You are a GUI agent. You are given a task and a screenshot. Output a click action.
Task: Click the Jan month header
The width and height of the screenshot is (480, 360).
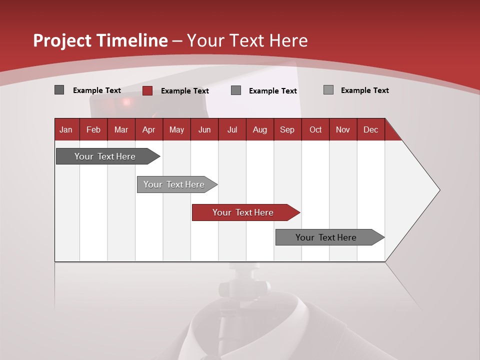tap(66, 130)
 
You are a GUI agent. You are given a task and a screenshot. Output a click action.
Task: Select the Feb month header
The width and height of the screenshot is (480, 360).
tap(93, 130)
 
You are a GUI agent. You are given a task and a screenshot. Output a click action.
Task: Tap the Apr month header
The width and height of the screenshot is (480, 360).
tap(148, 130)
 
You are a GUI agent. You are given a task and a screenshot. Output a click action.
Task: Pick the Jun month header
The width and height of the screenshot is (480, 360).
tap(204, 130)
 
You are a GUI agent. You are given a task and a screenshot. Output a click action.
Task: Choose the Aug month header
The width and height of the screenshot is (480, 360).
tap(259, 130)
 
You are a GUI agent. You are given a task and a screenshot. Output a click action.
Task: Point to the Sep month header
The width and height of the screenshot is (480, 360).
tap(287, 130)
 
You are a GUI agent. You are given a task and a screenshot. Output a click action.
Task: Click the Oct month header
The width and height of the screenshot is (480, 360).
tap(315, 130)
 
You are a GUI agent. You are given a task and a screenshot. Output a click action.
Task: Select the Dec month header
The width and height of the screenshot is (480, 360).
tap(370, 130)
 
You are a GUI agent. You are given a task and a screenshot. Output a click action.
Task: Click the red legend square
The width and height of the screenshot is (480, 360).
tap(147, 90)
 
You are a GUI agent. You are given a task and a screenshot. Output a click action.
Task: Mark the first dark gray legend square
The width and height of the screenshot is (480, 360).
tap(59, 90)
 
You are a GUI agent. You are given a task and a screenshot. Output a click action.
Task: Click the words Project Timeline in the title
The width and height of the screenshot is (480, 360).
tap(100, 40)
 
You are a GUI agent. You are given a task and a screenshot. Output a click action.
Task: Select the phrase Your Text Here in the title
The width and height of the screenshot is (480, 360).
tap(247, 40)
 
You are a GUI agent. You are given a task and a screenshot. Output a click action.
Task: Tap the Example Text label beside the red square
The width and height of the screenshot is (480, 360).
tap(185, 91)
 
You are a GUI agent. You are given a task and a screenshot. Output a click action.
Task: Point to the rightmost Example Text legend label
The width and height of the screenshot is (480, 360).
tap(365, 90)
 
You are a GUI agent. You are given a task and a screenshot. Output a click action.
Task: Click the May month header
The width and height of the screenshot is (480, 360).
tap(176, 130)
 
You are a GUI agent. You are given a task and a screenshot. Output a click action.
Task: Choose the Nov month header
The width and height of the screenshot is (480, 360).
tap(343, 130)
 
